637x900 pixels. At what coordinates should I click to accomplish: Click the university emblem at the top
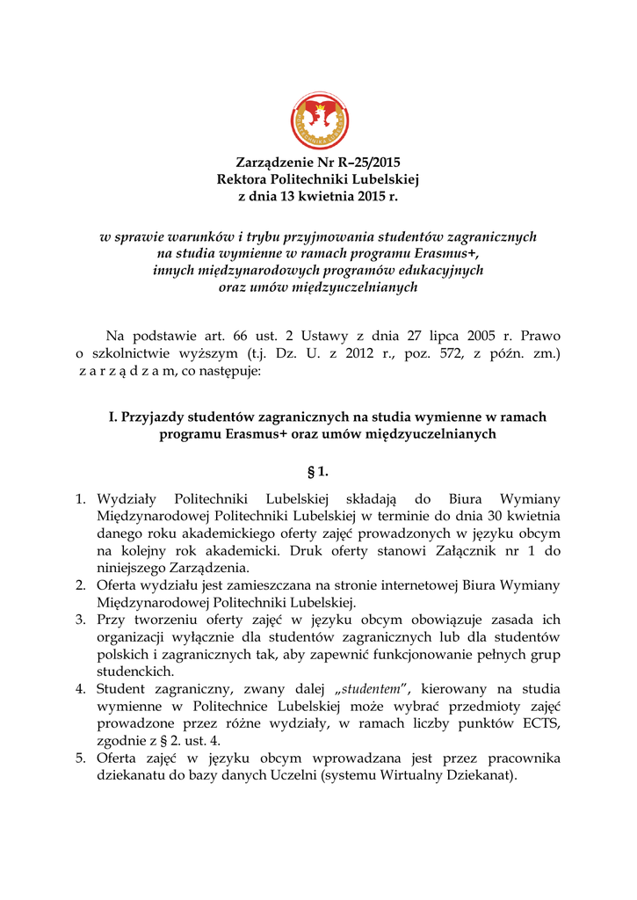(x=318, y=121)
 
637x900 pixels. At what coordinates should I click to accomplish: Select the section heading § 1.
(x=318, y=471)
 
